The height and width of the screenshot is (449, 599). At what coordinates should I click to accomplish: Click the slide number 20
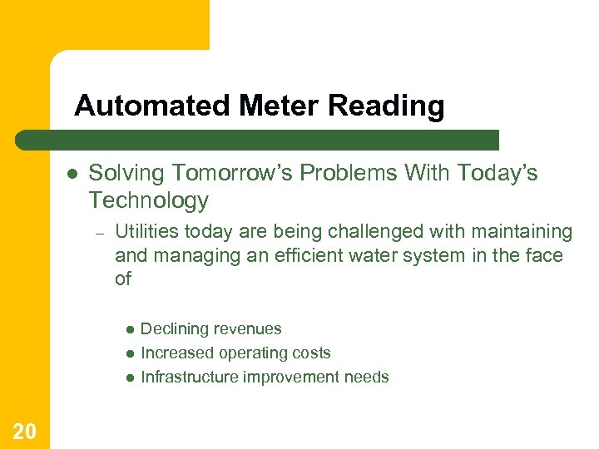(x=24, y=431)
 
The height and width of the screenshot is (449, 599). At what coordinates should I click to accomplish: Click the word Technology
(x=148, y=200)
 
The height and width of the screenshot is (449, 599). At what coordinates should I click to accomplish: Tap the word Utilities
(x=147, y=231)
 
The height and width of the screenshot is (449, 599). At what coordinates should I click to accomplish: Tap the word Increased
(x=175, y=353)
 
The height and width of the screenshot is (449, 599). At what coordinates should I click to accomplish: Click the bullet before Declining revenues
(x=130, y=330)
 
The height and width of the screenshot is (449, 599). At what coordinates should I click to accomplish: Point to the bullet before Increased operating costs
(x=130, y=354)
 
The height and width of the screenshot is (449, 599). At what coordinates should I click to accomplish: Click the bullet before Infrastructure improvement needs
(x=130, y=378)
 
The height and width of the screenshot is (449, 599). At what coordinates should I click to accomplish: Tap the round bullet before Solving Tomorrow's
(x=72, y=175)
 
